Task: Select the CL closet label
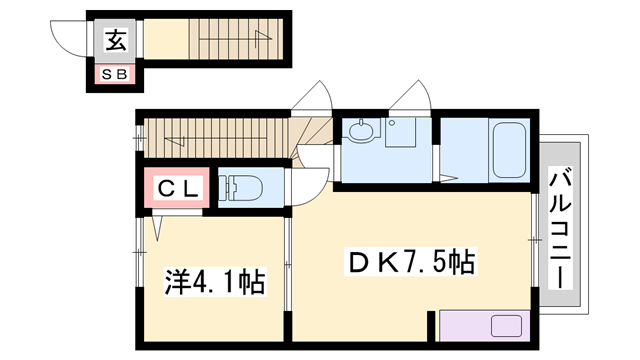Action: coord(177,187)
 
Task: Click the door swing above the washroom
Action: coord(410,100)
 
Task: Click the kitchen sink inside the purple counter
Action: coord(505,328)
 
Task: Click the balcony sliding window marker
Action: coord(532,241)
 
